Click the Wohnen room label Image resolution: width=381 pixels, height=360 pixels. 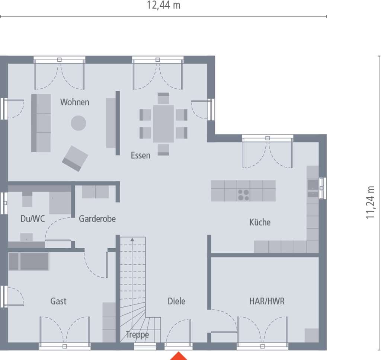coord(74,102)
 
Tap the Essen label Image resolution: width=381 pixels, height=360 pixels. coord(140,155)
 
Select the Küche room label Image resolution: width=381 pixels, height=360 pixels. coord(260,222)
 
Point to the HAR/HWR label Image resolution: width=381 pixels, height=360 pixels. coord(267,301)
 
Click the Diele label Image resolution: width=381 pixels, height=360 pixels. coord(176,301)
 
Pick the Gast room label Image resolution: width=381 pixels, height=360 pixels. coord(58,301)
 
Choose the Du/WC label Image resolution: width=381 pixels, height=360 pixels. coord(33,219)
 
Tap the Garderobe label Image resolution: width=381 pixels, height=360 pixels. coord(97,219)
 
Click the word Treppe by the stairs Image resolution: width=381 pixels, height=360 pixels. coord(137,335)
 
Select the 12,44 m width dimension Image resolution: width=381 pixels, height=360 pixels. coord(164,5)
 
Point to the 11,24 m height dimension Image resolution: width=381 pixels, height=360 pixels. coord(370,203)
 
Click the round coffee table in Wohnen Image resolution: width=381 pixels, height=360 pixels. coord(79,123)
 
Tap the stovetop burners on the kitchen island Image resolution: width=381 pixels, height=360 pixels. coord(243,195)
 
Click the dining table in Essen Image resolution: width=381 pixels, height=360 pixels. coord(164,124)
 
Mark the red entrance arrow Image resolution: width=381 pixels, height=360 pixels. coord(179,356)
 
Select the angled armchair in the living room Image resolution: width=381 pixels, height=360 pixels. coord(75,159)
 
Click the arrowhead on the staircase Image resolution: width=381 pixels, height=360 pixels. coord(132,240)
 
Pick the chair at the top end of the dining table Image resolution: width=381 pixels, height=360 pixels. coord(163,98)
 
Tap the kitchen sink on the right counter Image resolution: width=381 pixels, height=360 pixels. coord(313,185)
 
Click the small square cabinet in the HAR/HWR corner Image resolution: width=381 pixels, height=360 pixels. coord(312,335)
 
